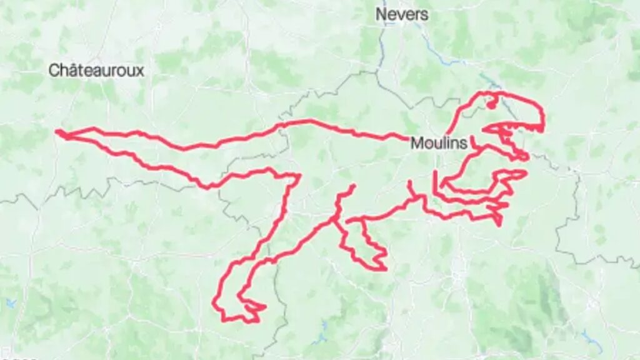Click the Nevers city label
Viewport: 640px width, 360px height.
click(402, 14)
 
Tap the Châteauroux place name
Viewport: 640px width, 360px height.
click(96, 70)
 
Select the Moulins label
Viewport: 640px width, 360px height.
click(439, 143)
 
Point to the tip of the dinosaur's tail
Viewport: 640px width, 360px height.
click(57, 132)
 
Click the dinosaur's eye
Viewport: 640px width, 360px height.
click(491, 104)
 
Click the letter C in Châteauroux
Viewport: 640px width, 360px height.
click(54, 70)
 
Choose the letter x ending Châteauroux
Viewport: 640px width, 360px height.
click(140, 71)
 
